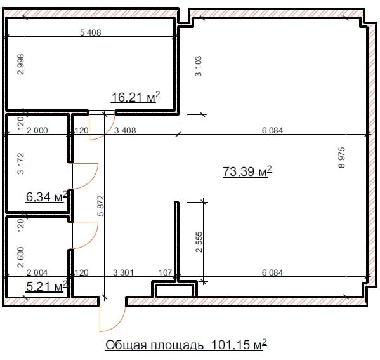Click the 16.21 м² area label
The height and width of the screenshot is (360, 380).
[x=136, y=97]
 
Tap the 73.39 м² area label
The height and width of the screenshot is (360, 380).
[x=247, y=171]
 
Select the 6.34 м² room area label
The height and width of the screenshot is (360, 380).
[x=46, y=196]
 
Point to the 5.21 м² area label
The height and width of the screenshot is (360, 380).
[x=46, y=286]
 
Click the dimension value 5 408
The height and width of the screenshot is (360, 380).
[x=90, y=32]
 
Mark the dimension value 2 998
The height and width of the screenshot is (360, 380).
[x=21, y=64]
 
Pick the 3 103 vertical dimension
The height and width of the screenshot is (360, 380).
[x=198, y=66]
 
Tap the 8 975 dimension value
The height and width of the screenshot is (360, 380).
[x=341, y=157]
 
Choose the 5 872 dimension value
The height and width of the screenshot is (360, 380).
[x=100, y=206]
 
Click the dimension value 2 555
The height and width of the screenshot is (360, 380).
[x=199, y=242]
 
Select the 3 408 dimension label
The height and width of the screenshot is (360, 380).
[x=125, y=130]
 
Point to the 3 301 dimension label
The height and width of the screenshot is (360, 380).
[x=123, y=272]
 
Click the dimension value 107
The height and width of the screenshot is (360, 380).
[x=165, y=272]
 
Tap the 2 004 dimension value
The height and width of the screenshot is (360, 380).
[x=37, y=272]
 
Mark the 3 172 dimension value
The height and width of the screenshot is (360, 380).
[x=21, y=163]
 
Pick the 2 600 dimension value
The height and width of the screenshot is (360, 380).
[x=21, y=257]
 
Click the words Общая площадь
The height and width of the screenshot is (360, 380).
[x=154, y=345]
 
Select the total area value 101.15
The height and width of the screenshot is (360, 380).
[x=231, y=344]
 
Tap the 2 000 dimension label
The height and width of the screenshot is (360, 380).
[x=37, y=130]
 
